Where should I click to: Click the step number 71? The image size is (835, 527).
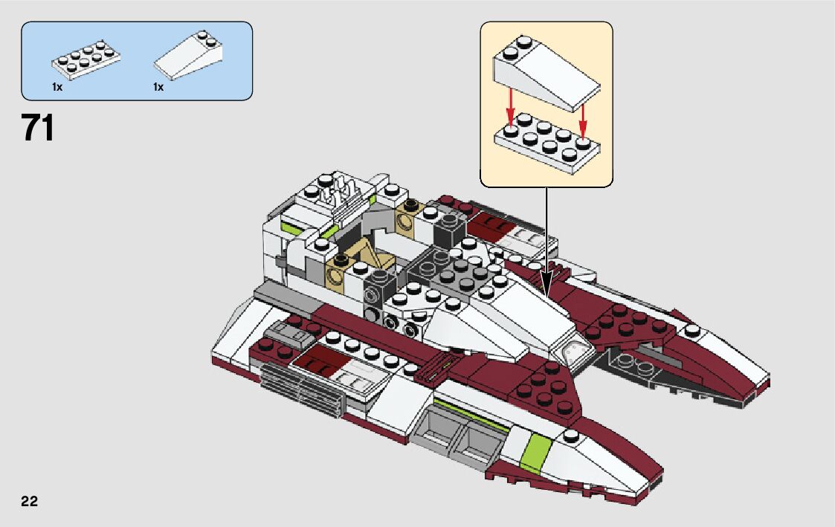click(38, 129)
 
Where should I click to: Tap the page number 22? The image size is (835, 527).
click(30, 502)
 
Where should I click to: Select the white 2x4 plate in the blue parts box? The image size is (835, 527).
click(86, 59)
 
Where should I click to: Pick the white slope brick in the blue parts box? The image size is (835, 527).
click(189, 55)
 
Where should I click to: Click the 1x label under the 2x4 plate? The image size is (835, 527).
click(57, 87)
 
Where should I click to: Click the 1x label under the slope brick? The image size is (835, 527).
click(158, 87)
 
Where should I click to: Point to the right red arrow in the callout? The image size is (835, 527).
click(583, 121)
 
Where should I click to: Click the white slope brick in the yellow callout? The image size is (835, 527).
click(547, 72)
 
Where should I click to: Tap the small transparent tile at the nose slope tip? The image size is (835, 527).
click(573, 351)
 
